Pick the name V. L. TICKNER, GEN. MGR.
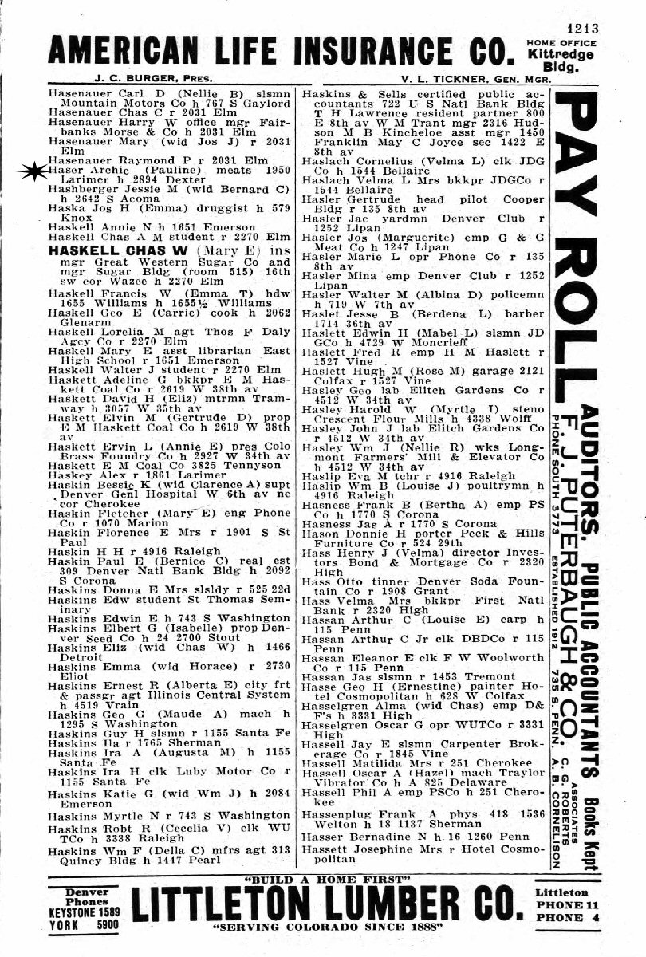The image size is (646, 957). [439, 80]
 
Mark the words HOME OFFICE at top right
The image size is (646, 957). [561, 42]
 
